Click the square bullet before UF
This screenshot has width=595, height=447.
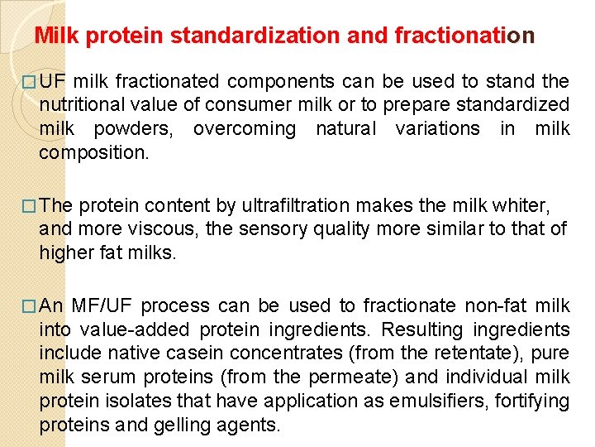tap(30, 83)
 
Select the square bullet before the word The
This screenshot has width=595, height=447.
tap(30, 205)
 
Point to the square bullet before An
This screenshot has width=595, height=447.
tap(30, 306)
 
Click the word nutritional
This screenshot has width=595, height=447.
tap(86, 105)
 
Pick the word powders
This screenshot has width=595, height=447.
tap(135, 129)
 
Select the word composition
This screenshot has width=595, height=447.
tap(93, 152)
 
